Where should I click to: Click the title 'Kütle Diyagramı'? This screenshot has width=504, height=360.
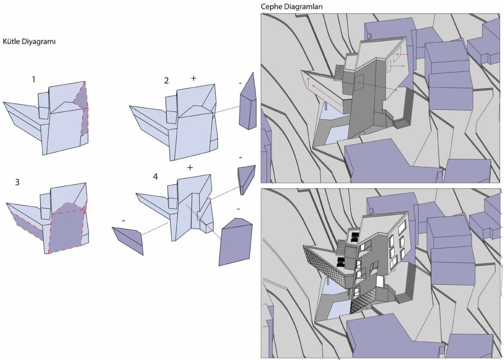[x=29, y=42]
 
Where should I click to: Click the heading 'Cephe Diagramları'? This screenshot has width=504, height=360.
[x=291, y=7]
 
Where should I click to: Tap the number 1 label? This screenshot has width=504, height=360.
[x=33, y=79]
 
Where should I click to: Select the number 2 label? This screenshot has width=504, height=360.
[x=166, y=80]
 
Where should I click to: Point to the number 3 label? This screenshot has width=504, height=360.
[x=17, y=182]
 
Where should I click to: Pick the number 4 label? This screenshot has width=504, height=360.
[x=156, y=177]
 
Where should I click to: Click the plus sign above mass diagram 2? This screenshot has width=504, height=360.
[x=193, y=78]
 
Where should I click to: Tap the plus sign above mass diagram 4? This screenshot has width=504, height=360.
[x=190, y=167]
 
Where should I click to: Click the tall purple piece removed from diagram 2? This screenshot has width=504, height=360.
[x=248, y=103]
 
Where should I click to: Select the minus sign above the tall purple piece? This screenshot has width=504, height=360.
[x=240, y=83]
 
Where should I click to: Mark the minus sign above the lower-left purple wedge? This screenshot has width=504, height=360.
[x=124, y=221]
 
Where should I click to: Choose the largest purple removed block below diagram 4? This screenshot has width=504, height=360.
[x=235, y=242]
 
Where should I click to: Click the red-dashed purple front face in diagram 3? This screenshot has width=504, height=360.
[x=66, y=228]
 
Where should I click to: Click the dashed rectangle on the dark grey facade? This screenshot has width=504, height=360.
[x=359, y=82]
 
